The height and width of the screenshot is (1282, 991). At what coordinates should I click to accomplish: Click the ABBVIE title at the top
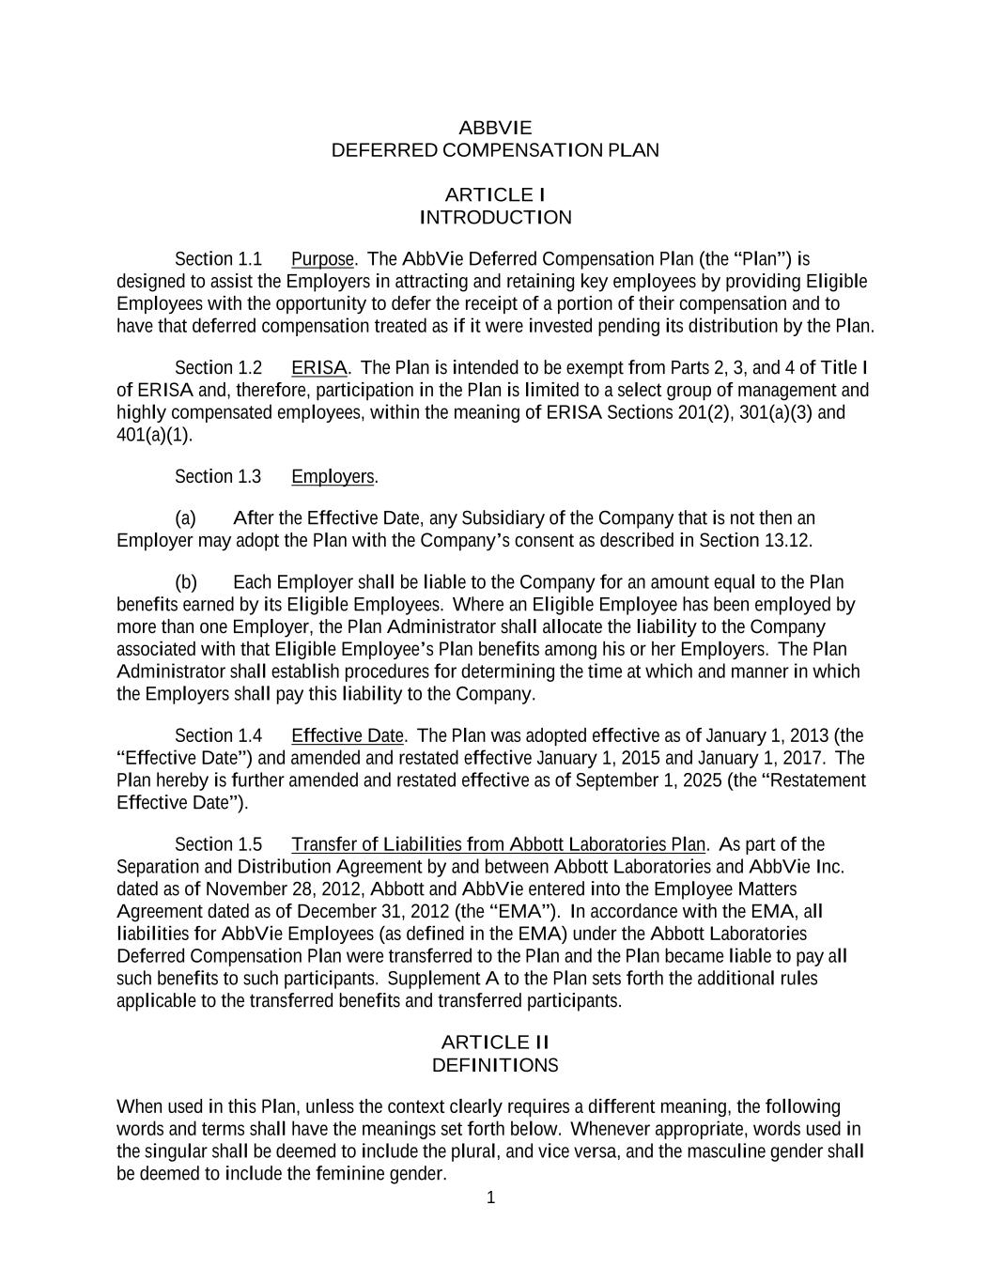(495, 128)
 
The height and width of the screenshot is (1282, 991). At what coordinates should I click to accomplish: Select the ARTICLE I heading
(495, 195)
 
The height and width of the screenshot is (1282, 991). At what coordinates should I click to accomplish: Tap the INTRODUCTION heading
(495, 218)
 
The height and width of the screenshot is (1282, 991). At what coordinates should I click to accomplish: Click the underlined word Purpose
(323, 259)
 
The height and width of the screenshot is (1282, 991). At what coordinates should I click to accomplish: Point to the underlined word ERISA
(319, 368)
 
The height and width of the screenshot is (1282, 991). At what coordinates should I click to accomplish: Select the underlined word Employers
(333, 477)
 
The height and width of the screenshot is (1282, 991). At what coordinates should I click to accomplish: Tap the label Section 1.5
(219, 844)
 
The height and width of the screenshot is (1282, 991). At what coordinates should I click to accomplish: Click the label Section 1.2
(219, 368)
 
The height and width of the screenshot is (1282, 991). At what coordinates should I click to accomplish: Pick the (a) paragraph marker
(185, 518)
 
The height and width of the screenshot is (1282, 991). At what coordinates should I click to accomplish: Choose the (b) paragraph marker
(185, 582)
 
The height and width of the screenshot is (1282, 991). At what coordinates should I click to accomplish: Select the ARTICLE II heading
(495, 1043)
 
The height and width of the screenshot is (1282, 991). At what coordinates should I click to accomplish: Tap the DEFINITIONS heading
(495, 1065)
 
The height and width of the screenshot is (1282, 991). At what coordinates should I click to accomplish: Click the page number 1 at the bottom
(490, 1197)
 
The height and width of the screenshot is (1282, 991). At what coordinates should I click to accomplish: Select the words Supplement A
(442, 979)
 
